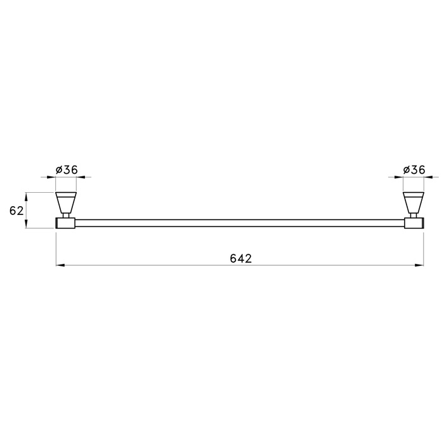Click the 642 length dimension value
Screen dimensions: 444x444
pyautogui.click(x=240, y=259)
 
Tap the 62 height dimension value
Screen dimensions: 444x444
pyautogui.click(x=16, y=211)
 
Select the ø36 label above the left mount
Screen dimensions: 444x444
pyautogui.click(x=67, y=170)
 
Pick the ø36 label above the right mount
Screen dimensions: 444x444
pyautogui.click(x=414, y=170)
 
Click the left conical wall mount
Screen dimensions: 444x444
pyautogui.click(x=66, y=202)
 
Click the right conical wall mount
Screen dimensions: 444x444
pyautogui.click(x=414, y=202)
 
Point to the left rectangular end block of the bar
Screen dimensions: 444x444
pyautogui.click(x=65, y=223)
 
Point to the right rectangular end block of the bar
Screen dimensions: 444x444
pyautogui.click(x=414, y=223)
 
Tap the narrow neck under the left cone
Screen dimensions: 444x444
pyautogui.click(x=66, y=216)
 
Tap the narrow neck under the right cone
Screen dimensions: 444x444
pyautogui.click(x=414, y=216)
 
